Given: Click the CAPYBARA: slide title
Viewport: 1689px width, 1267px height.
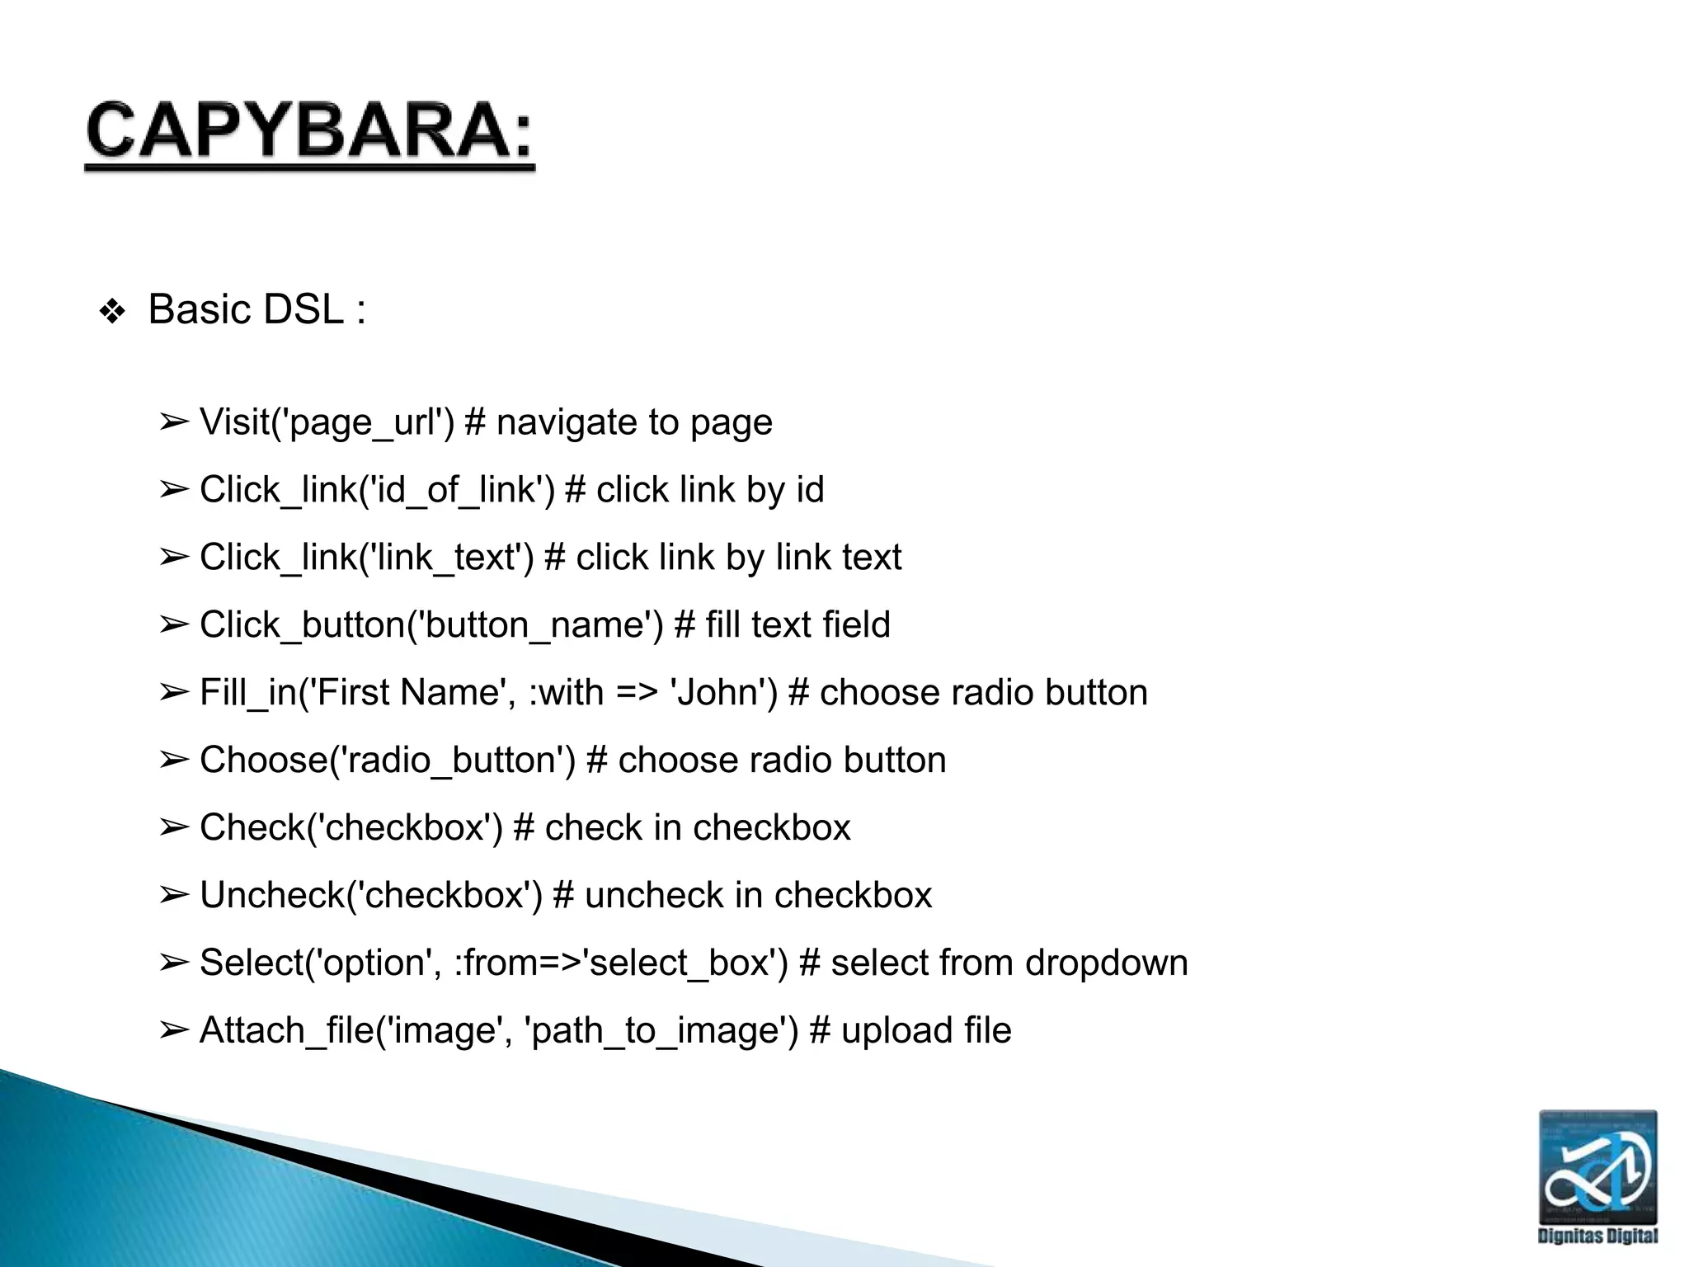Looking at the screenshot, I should pyautogui.click(x=309, y=132).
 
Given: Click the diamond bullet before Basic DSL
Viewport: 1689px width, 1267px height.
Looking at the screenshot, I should pyautogui.click(x=112, y=313).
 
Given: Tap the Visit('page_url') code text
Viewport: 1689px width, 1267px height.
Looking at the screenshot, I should pyautogui.click(x=327, y=422).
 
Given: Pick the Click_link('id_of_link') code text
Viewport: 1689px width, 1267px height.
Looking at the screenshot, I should pyautogui.click(x=377, y=490).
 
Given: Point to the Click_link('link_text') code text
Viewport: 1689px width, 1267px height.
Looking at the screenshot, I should pyautogui.click(x=367, y=558).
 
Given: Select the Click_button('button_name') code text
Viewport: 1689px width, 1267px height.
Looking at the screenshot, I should pyautogui.click(x=431, y=625).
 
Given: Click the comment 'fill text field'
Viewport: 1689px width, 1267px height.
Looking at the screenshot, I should pyautogui.click(x=797, y=625).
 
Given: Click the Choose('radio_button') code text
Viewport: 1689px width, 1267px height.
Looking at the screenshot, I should pyautogui.click(x=388, y=761).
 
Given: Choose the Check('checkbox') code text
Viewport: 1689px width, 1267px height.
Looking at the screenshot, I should pyautogui.click(x=351, y=828).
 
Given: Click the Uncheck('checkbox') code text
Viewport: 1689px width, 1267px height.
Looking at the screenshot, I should pyautogui.click(x=371, y=896).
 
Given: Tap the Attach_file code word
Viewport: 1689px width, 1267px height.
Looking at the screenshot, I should pyautogui.click(x=286, y=1031).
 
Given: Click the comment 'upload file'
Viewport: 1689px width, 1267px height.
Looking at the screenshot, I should pyautogui.click(x=926, y=1031).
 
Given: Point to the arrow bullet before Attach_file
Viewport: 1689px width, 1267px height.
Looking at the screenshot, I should pyautogui.click(x=174, y=1031).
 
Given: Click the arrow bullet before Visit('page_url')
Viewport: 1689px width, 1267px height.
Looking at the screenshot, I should pyautogui.click(x=174, y=422).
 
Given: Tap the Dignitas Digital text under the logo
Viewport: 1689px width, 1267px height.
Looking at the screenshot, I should pyautogui.click(x=1597, y=1236).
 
